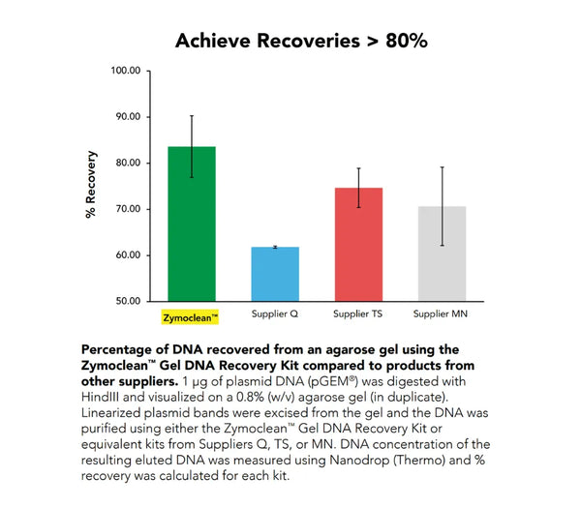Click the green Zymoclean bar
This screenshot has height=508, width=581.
[x=192, y=224]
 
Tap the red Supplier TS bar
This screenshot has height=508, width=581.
[x=358, y=245]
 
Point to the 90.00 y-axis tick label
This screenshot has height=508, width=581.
[x=129, y=117]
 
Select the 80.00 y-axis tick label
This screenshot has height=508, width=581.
[x=129, y=163]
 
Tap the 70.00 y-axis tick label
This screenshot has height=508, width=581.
[x=129, y=209]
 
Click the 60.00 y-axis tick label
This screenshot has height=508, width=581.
[x=129, y=255]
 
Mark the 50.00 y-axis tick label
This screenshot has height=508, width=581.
[x=129, y=301]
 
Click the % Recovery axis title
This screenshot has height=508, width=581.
[x=92, y=184]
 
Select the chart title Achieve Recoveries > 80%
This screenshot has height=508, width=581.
[x=301, y=41]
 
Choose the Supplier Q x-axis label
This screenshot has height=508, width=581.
[x=276, y=315]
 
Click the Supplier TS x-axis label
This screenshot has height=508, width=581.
[x=358, y=315]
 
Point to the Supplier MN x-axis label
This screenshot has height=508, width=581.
[x=442, y=315]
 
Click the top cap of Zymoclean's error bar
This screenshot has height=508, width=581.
[x=192, y=116]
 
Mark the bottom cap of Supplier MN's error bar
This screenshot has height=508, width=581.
[x=442, y=246]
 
